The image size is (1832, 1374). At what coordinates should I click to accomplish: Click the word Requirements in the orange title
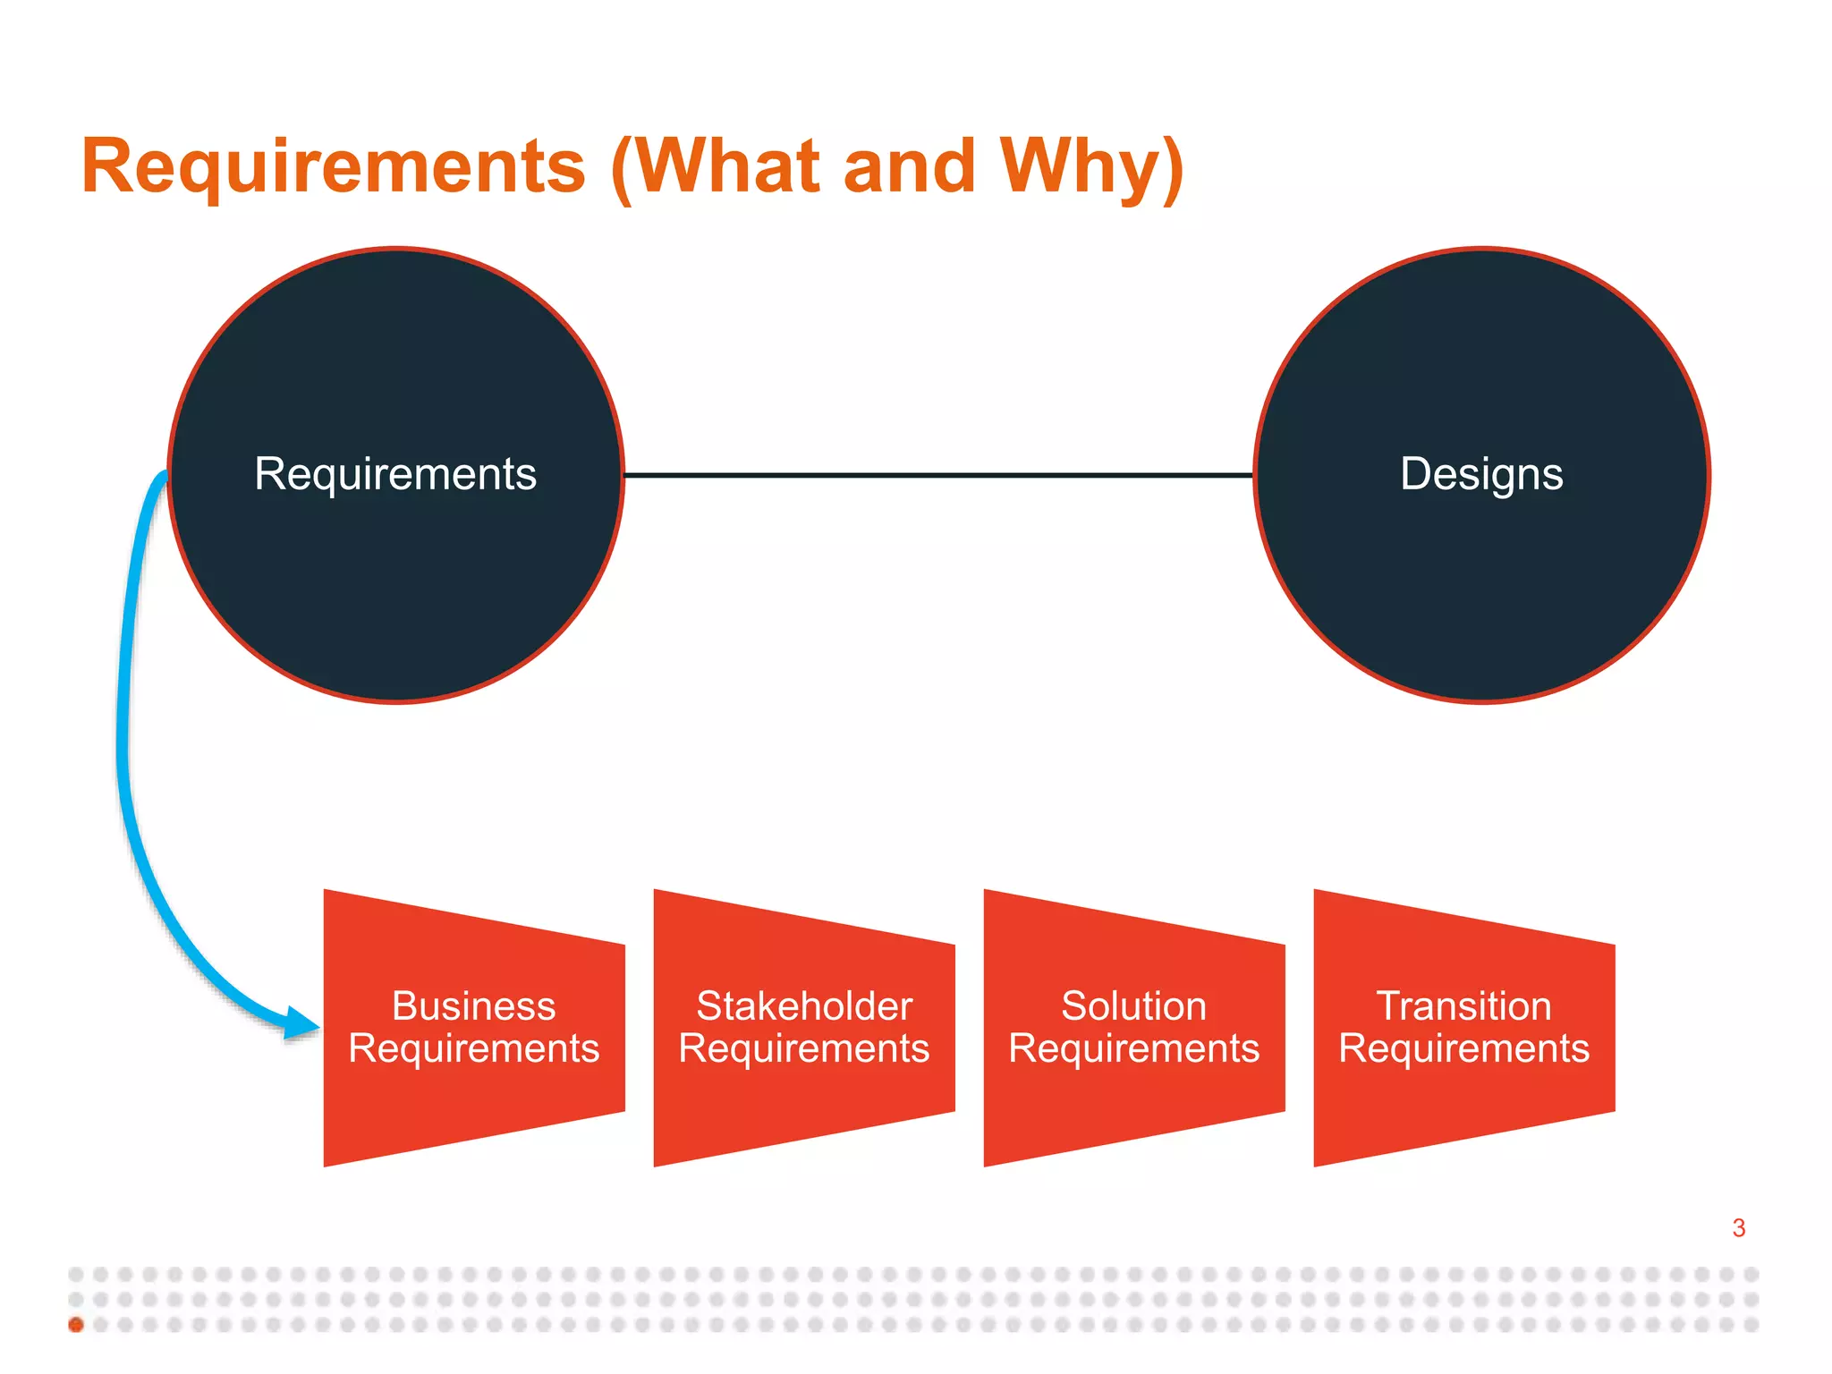pos(333,166)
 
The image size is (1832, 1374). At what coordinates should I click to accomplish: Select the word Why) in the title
pos(1091,166)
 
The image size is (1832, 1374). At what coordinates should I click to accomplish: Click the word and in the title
pos(909,166)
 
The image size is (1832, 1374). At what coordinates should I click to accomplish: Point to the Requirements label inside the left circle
pos(395,474)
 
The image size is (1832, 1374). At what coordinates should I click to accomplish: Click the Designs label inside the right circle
pos(1481,474)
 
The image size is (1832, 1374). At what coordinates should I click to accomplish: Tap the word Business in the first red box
pos(473,1006)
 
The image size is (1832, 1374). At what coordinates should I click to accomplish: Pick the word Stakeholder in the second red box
pos(804,1006)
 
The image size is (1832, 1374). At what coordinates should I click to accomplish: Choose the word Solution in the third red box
pos(1133,1006)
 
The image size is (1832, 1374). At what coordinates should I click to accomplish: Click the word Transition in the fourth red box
pos(1463,1006)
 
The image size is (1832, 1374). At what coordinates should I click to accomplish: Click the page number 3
pos(1738,1228)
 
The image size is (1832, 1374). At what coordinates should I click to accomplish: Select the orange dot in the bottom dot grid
pos(76,1325)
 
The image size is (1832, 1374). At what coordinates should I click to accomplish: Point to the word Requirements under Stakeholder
pos(804,1048)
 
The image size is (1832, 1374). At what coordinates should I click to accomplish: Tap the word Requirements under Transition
pos(1463,1048)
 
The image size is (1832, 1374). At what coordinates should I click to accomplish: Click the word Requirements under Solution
pos(1133,1048)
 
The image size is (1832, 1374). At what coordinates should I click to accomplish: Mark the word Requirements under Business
pos(473,1048)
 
